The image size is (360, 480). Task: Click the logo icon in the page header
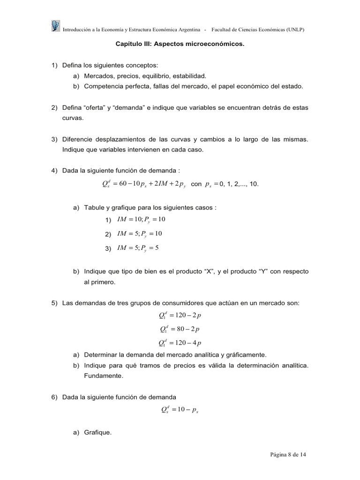click(x=55, y=26)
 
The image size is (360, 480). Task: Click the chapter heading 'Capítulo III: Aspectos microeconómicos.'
click(x=180, y=45)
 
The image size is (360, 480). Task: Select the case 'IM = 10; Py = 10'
click(x=141, y=220)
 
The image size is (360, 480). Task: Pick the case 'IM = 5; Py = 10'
click(x=139, y=234)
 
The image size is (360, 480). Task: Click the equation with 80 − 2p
click(x=180, y=329)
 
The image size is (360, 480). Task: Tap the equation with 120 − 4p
click(x=180, y=342)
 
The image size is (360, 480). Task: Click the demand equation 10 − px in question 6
click(x=180, y=410)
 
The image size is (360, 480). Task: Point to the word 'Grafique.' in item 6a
click(x=98, y=433)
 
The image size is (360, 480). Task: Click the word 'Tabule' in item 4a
click(x=94, y=207)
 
